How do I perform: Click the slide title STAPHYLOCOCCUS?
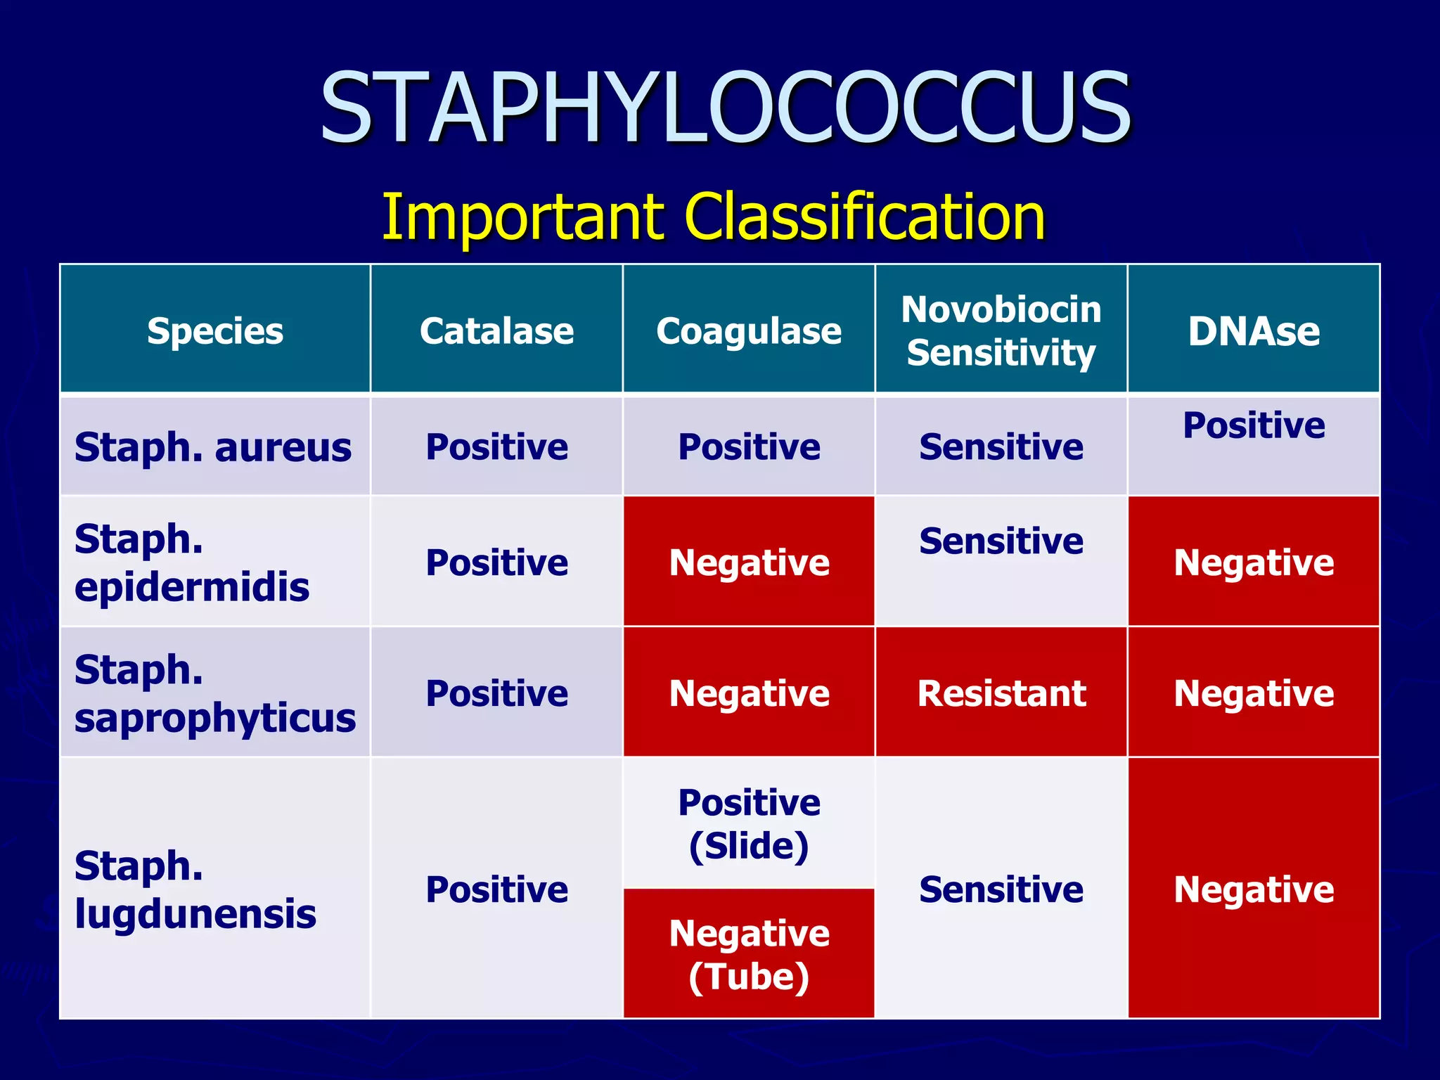point(725,107)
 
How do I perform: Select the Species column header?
point(215,330)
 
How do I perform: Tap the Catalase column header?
point(496,330)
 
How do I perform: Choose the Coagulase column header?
point(749,330)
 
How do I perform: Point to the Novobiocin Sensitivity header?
point(1001,330)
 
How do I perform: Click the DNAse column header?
point(1254,330)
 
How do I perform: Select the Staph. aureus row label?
point(213,447)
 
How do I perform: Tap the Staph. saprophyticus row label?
point(214,693)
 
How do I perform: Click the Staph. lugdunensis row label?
point(195,889)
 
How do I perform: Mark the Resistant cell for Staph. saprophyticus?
point(1001,693)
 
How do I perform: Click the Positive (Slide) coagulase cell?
point(749,823)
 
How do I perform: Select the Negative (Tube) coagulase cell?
point(749,954)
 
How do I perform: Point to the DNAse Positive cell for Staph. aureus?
point(1254,426)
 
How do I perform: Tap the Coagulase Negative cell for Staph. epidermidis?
point(749,562)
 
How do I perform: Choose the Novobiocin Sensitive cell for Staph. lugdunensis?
point(1001,889)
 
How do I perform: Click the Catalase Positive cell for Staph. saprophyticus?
point(496,693)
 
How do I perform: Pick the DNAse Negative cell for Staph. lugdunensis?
point(1254,889)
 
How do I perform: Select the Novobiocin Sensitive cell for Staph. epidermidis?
point(1001,541)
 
